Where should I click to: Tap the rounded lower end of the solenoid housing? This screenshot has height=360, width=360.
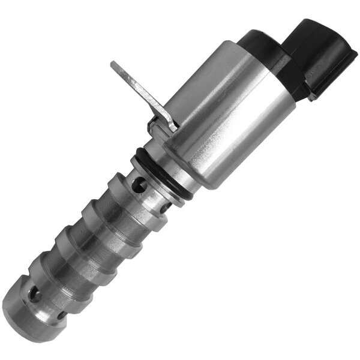(198, 174)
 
